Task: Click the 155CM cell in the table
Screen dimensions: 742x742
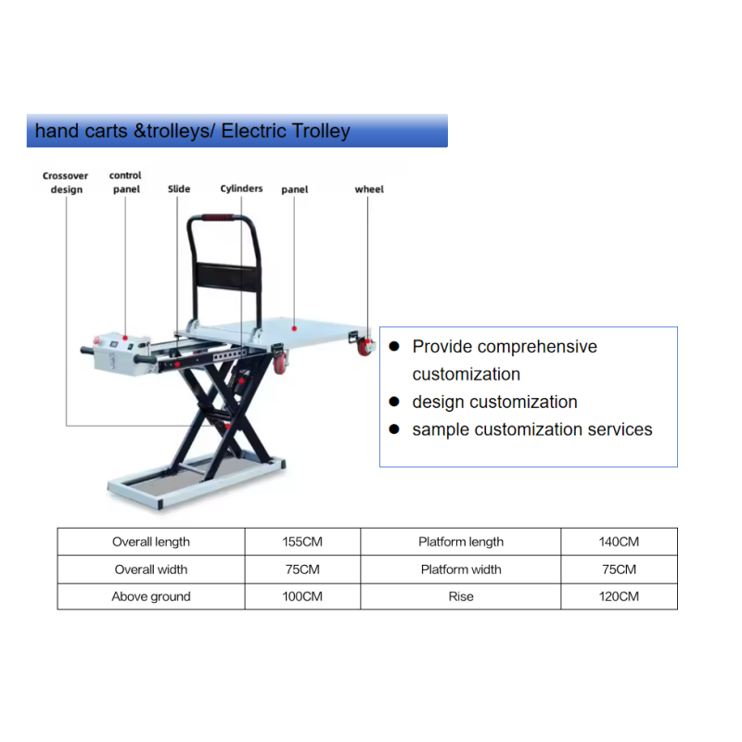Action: [x=302, y=542]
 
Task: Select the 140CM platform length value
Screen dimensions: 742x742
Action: [x=619, y=542]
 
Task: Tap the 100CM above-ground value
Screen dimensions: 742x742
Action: [x=302, y=596]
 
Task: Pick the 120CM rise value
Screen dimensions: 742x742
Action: [x=619, y=596]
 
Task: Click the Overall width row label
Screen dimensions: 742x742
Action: [x=151, y=569]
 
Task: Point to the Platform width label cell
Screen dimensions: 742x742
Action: [x=461, y=569]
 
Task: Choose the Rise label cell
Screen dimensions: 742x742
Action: [x=461, y=596]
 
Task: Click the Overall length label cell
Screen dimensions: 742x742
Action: [x=151, y=542]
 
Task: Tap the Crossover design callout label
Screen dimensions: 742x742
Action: [x=66, y=183]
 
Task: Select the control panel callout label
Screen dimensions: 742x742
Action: [x=125, y=182]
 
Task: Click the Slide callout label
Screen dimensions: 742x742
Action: [x=179, y=189]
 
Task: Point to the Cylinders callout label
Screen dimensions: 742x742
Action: [x=241, y=188]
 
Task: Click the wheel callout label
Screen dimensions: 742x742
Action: [x=369, y=189]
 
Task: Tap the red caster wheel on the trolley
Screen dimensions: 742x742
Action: [x=365, y=350]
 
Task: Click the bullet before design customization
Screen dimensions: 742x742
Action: [x=393, y=402]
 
